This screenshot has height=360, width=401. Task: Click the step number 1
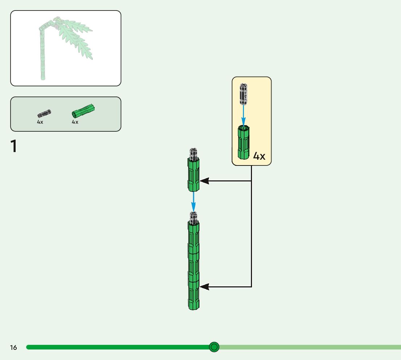[x=14, y=146]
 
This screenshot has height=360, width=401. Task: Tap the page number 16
[x=13, y=348]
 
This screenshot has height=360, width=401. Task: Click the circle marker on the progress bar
[x=214, y=347]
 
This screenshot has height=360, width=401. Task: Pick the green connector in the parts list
[x=83, y=110]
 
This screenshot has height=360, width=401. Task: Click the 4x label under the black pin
[x=40, y=122]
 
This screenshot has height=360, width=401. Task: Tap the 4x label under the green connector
[x=75, y=122]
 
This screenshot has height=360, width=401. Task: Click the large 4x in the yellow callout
[x=259, y=156]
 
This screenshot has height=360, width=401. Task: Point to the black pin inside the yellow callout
[x=244, y=94]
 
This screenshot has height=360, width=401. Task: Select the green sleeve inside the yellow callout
[x=244, y=142]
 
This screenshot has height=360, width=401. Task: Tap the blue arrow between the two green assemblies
[x=194, y=201]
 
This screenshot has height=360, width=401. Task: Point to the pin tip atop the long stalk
[x=194, y=217]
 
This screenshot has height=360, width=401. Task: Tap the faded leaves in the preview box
[x=74, y=36]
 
